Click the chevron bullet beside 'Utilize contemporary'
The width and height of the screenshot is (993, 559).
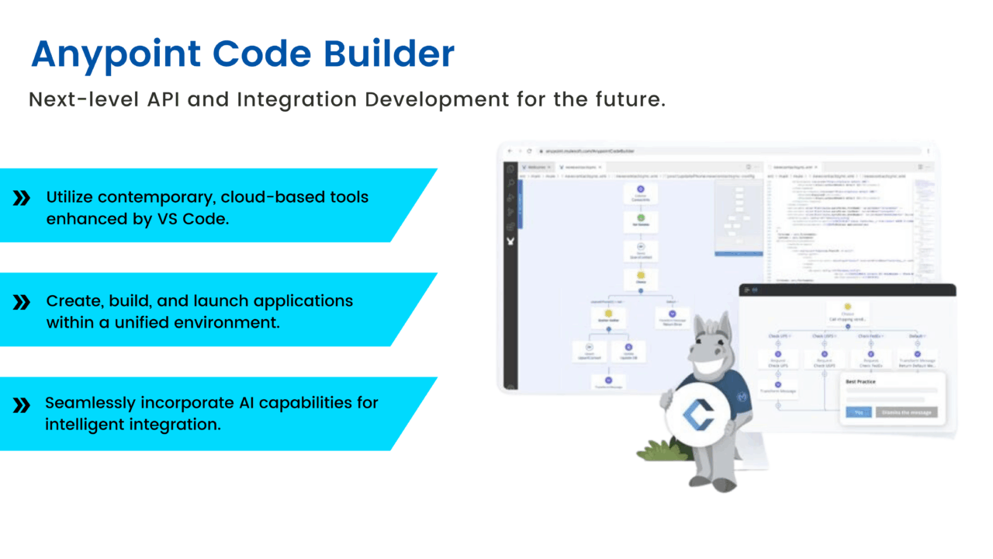pos(22,198)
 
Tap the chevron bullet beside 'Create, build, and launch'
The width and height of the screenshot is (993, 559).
pos(22,302)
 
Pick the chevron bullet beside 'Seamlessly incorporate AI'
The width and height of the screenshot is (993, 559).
pos(22,404)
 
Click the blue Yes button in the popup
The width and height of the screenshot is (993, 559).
pos(859,412)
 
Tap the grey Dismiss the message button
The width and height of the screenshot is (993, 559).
pos(906,412)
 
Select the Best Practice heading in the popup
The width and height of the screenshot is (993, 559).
pos(862,383)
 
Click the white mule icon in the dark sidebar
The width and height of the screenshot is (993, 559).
pos(510,241)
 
